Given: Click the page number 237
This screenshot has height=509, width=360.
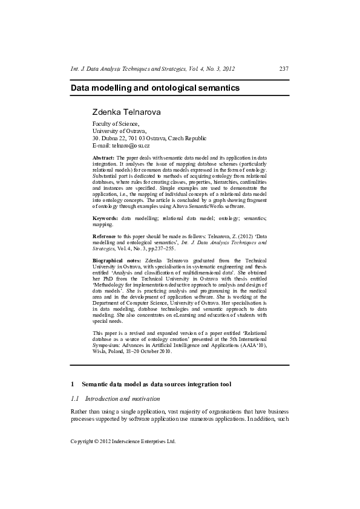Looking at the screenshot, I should tap(284, 69).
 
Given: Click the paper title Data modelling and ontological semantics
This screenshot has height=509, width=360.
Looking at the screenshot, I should tap(155, 88).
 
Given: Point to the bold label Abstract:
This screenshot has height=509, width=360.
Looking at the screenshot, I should tap(103, 158).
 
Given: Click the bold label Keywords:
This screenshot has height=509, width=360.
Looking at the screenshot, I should tap(105, 218).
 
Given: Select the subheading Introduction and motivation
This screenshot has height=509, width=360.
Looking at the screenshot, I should tap(123, 399).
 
